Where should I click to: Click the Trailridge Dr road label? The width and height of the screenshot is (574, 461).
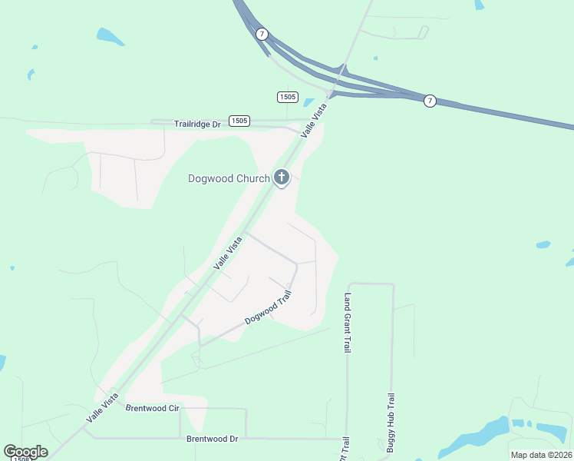(197, 123)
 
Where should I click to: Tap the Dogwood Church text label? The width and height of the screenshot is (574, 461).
(229, 179)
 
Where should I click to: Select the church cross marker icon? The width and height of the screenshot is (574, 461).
(282, 178)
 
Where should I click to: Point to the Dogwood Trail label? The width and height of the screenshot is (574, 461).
(269, 307)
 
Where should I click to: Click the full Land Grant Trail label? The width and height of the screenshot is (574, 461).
(348, 323)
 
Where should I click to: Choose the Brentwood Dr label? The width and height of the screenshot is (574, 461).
(213, 439)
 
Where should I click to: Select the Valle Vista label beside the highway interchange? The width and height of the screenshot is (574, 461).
(313, 120)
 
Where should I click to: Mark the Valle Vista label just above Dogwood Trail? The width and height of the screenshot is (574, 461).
(228, 253)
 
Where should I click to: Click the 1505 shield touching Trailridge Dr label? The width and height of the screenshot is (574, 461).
(239, 121)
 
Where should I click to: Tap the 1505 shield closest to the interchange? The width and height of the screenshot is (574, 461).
(287, 96)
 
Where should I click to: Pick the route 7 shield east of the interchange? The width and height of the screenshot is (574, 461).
(430, 101)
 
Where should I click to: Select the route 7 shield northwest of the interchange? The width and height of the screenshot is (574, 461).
(262, 34)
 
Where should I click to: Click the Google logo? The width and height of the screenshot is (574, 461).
(25, 451)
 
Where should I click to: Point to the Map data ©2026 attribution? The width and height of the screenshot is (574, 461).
(540, 455)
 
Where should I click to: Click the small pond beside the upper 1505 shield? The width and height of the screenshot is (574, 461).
(308, 101)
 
